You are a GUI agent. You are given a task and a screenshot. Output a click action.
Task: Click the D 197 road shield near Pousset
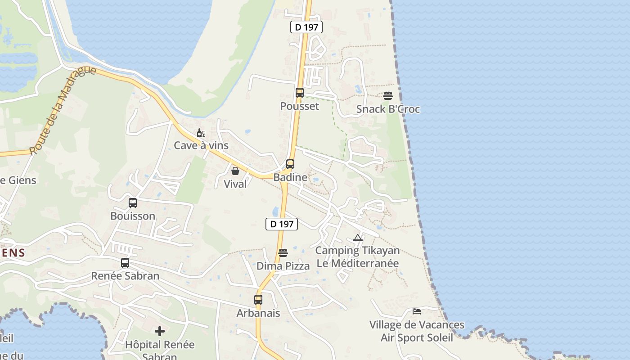306,27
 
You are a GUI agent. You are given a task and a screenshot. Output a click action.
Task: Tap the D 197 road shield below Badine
282,224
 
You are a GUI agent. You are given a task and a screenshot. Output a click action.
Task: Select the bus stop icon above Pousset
300,93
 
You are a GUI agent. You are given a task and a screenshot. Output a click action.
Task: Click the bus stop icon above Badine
290,164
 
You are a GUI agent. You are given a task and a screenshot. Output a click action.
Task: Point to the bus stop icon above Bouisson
133,202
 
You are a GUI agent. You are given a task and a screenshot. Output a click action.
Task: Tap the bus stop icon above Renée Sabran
125,262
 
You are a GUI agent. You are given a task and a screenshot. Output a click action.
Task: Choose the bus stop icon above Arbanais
258,299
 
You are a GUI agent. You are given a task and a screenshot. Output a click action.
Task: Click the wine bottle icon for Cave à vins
201,133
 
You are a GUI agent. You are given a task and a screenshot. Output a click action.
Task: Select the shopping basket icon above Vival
235,171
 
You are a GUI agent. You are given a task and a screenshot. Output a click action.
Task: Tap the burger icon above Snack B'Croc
388,95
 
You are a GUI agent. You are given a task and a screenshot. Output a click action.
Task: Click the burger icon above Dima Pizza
283,253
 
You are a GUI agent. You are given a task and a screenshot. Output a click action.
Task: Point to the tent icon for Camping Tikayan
358,238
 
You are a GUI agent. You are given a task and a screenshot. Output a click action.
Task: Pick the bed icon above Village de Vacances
417,311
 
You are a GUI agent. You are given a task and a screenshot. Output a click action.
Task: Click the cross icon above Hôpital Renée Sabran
160,332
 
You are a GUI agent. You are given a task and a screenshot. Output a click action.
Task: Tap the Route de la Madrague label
63,110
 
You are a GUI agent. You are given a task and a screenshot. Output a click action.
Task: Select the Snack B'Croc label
388,109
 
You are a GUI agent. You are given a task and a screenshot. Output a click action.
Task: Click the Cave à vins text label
201,145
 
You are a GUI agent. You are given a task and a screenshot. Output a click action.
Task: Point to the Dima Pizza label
283,266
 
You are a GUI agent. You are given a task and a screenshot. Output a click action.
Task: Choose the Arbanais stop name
258,313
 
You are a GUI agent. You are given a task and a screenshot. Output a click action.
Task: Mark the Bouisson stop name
133,216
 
